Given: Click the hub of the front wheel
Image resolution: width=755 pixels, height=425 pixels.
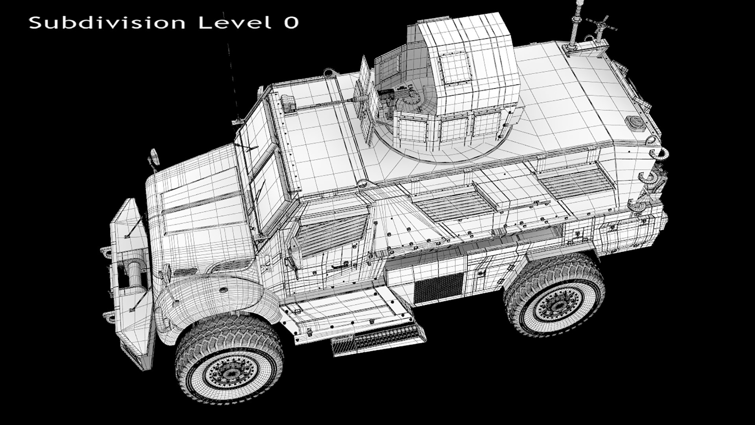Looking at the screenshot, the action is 228,372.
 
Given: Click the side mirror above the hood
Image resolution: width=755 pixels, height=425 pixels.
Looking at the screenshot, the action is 155,156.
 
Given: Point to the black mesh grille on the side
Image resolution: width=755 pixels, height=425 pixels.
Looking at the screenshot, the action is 438,285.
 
